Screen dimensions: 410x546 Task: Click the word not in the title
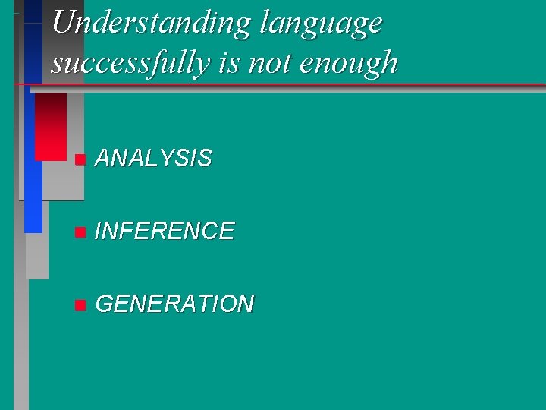coord(268,62)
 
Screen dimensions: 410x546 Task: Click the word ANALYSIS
coord(154,159)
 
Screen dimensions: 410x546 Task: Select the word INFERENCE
coord(165,231)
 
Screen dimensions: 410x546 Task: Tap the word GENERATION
coord(175,304)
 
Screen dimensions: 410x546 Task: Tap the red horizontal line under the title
coord(303,84)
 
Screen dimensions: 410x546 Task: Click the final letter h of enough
coord(389,62)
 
